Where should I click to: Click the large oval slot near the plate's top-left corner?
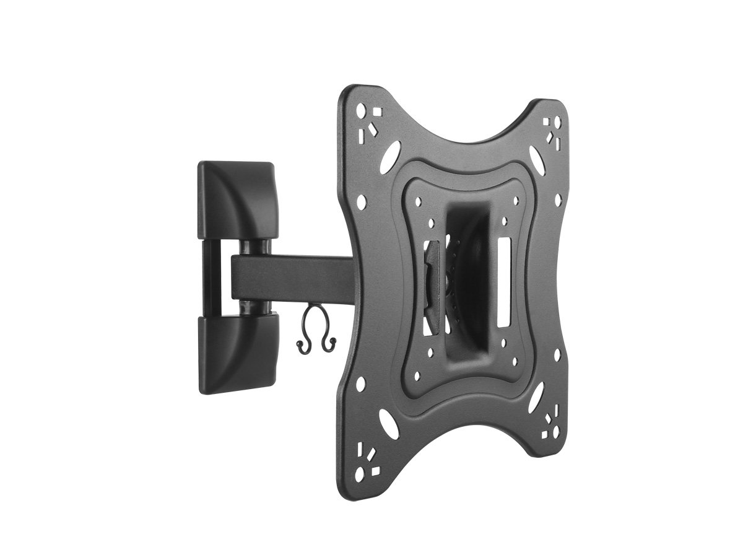pos(392,152)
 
